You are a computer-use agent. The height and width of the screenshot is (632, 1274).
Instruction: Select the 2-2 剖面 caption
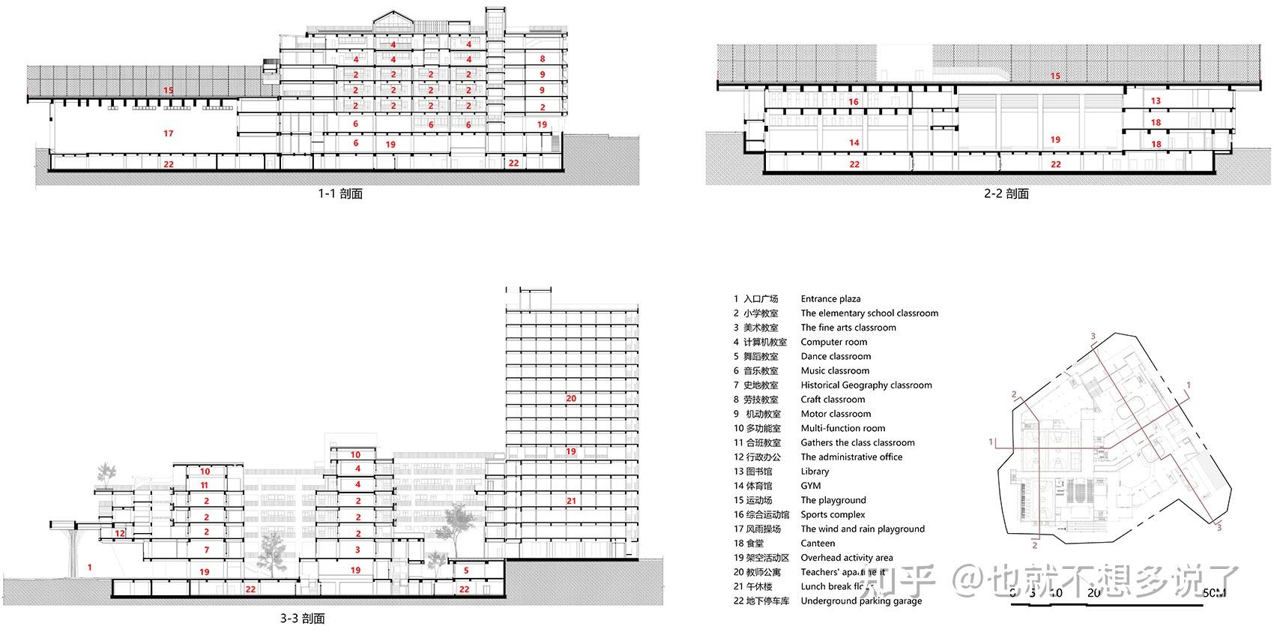1006,193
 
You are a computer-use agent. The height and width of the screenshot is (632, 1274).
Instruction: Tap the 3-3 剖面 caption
302,619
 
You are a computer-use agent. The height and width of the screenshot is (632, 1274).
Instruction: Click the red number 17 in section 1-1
168,133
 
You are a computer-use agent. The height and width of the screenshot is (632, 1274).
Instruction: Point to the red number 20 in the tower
570,398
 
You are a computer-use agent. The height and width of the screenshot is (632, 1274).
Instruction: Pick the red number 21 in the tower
571,501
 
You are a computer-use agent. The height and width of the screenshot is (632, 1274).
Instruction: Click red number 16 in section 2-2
854,101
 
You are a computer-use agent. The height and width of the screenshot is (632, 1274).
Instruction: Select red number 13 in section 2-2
1156,100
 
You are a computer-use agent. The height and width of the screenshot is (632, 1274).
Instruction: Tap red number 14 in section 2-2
854,142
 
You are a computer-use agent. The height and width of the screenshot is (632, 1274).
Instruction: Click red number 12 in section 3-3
120,534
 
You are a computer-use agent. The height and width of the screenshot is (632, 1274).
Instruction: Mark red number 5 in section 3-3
465,571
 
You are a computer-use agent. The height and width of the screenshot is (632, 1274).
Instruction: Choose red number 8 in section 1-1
543,58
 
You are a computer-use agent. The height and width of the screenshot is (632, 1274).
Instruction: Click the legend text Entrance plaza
830,299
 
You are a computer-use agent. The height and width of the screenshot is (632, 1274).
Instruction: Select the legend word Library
815,472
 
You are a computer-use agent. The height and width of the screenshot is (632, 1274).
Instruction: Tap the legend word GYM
811,486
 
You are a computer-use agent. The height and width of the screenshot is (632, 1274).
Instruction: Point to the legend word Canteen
818,544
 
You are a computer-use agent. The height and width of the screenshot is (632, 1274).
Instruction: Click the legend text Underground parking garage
861,601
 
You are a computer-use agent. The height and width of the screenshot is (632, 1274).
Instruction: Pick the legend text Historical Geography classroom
866,385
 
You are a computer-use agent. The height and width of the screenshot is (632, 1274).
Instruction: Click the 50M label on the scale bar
1214,593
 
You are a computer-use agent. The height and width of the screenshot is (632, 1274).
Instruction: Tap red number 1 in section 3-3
89,568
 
